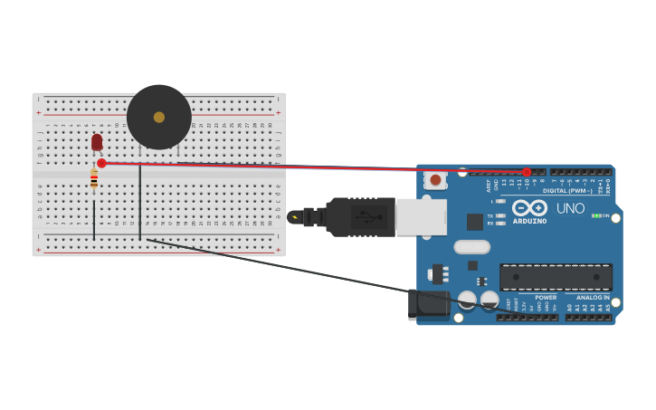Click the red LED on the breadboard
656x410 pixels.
97,142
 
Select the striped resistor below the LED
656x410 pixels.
94,179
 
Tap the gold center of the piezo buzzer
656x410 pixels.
159,117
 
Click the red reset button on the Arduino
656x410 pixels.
435,180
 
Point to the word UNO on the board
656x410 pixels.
570,208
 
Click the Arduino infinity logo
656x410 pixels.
529,207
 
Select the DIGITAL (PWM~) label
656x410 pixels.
567,191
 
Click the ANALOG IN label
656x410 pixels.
593,297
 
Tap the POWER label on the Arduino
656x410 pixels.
546,297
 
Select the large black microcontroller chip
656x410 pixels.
556,277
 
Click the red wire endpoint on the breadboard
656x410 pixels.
101,164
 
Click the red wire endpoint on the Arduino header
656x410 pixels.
527,172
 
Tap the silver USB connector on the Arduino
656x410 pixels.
422,217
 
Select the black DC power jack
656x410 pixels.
427,305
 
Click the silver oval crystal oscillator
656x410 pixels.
471,247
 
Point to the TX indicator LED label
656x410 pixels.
490,216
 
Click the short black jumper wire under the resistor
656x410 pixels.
94,220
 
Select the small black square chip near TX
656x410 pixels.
474,222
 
